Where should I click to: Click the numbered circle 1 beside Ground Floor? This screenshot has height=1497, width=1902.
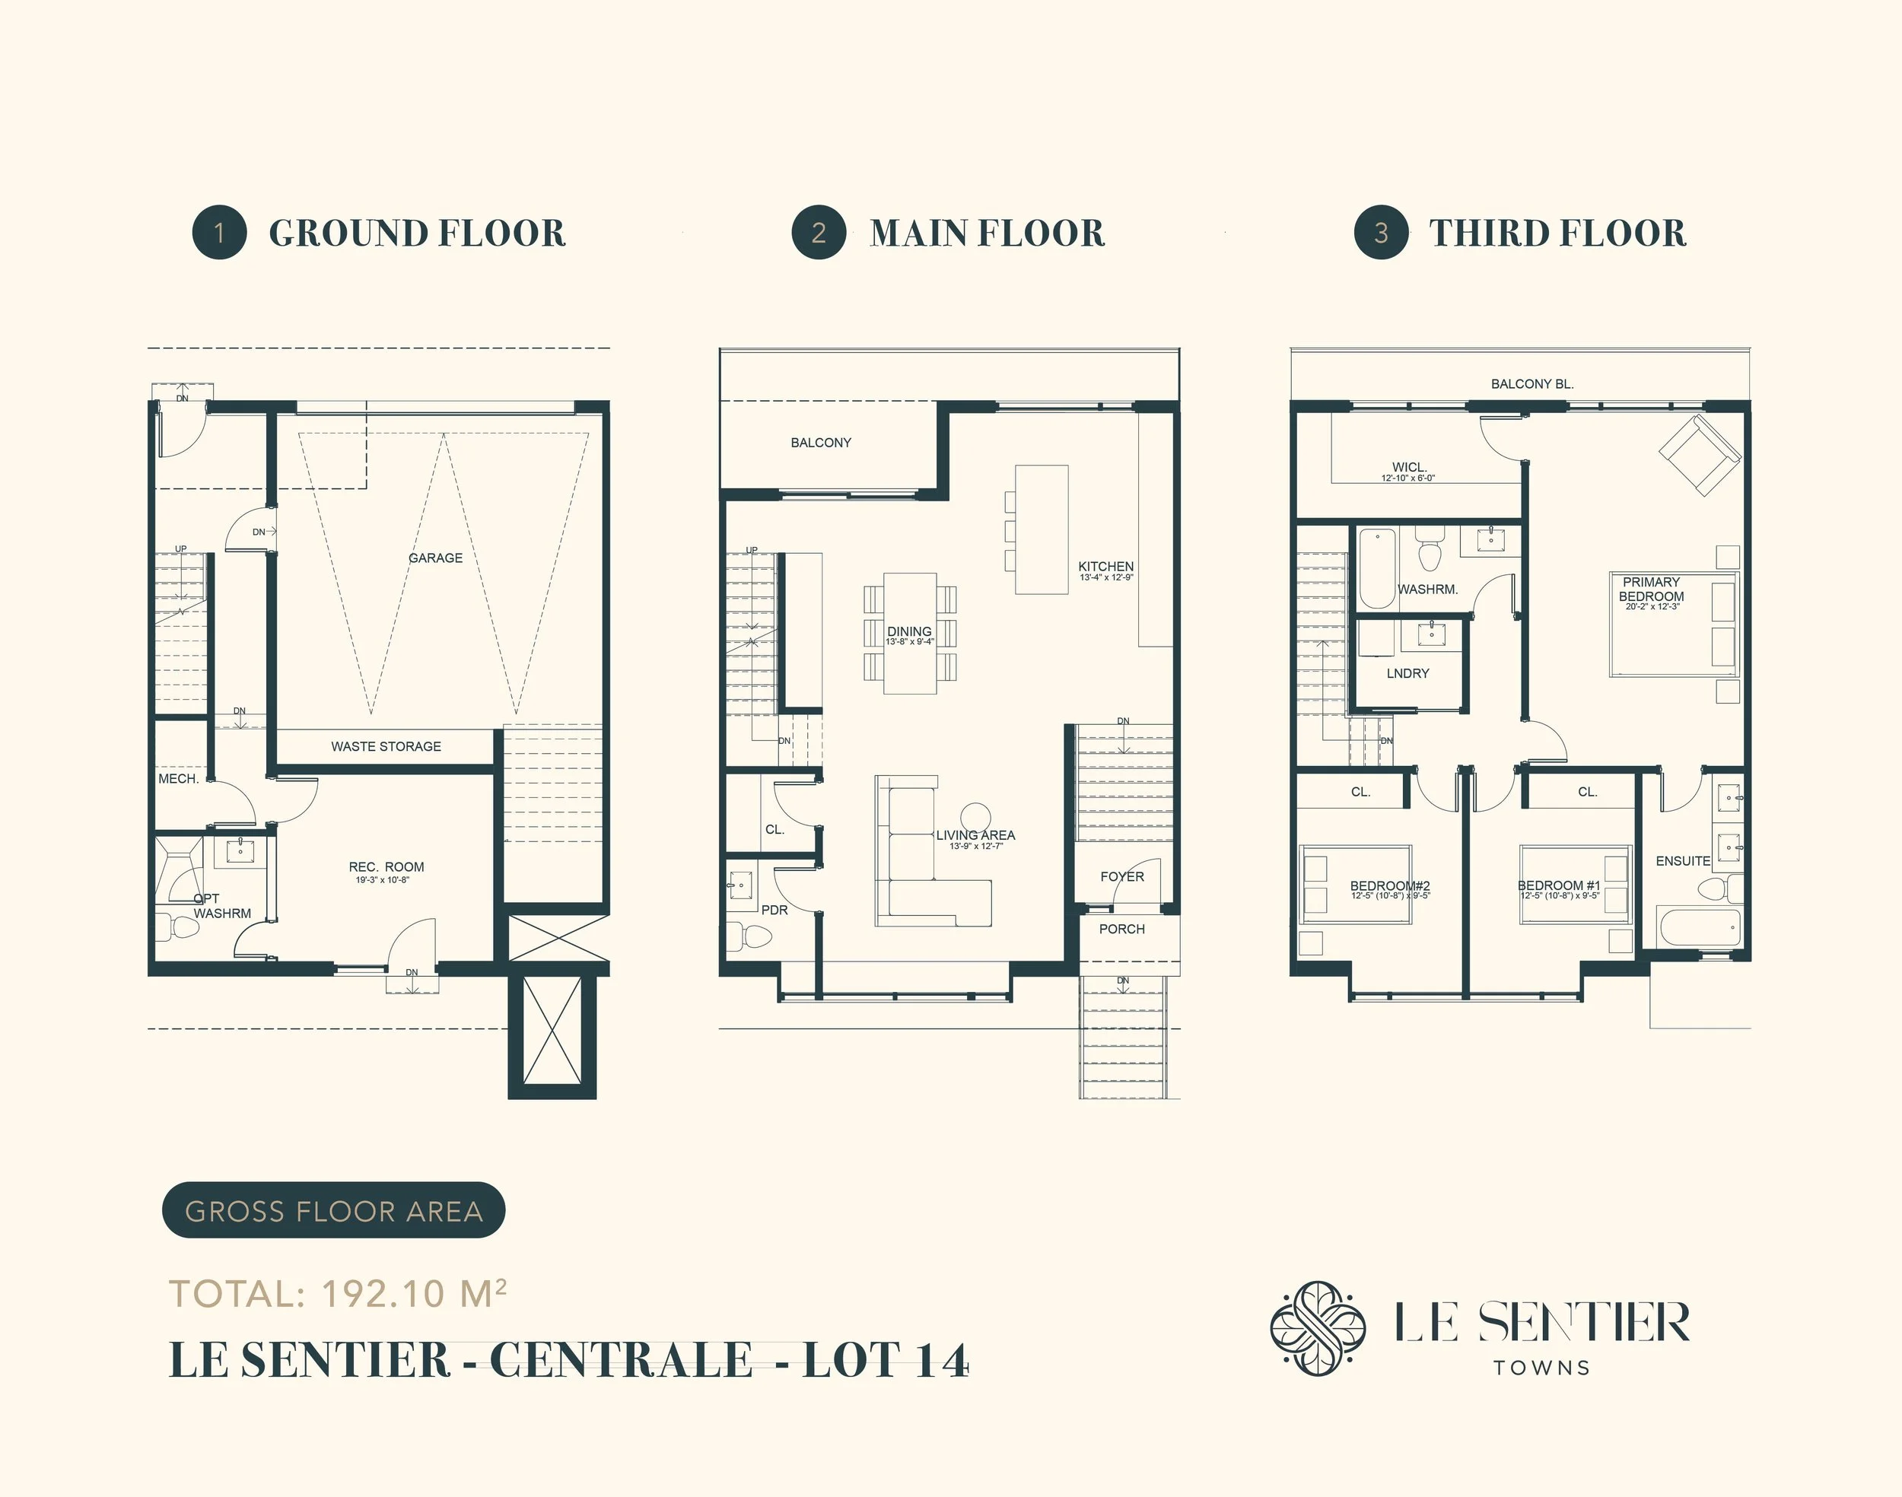click(219, 232)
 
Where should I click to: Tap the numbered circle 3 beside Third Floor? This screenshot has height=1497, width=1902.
click(1381, 232)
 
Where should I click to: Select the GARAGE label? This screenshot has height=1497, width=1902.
click(436, 558)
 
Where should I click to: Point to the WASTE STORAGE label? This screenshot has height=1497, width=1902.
click(386, 747)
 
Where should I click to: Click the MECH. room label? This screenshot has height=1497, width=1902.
click(178, 778)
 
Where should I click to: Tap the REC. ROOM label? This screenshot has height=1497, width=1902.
click(386, 867)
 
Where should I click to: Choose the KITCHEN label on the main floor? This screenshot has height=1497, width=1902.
click(1105, 567)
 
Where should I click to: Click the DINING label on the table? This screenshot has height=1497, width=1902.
click(909, 631)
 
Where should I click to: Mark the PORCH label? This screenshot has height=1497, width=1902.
click(1122, 929)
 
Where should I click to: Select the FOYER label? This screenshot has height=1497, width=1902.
click(1122, 876)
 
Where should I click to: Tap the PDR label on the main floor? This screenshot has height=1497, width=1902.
click(774, 910)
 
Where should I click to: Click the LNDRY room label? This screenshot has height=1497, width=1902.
click(1407, 673)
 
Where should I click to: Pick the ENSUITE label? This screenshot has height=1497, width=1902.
click(1683, 860)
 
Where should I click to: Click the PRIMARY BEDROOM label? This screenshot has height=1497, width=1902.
click(1652, 589)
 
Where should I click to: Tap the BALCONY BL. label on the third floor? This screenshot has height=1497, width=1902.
click(1532, 384)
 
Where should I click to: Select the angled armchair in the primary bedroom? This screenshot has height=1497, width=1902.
click(1700, 455)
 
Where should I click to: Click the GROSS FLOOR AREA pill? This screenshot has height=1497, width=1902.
click(333, 1210)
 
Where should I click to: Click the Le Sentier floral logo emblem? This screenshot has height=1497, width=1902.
click(1318, 1329)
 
